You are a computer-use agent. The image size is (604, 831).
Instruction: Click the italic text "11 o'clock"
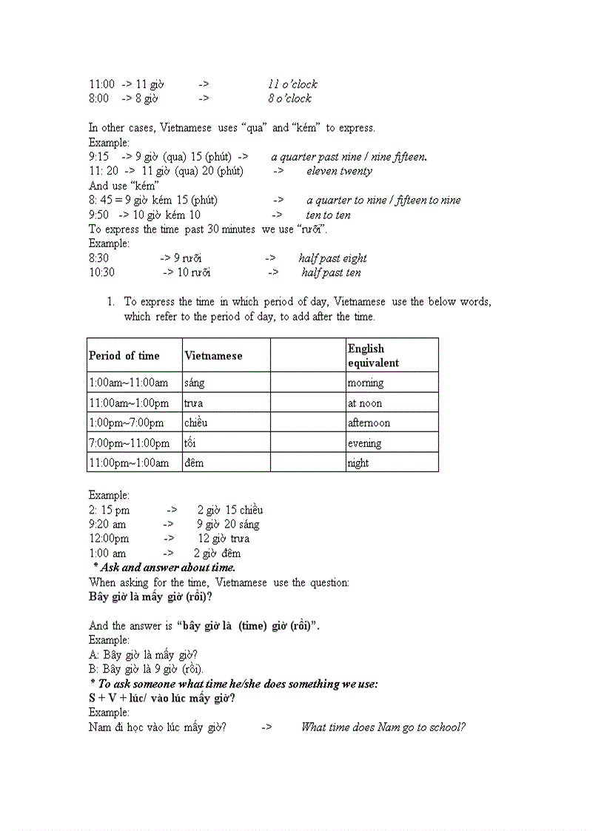tap(292, 84)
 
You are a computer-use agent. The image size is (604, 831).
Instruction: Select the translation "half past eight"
tap(332, 258)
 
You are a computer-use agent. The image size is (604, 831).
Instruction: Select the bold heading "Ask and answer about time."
tap(164, 568)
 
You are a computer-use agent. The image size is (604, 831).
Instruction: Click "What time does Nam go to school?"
tap(383, 727)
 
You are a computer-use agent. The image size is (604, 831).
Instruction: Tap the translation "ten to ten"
tap(328, 215)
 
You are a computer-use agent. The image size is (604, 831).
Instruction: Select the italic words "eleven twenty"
tap(339, 171)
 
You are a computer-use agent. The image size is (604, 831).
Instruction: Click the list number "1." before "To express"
tap(110, 302)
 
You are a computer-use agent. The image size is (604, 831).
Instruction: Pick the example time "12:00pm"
tap(109, 539)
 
